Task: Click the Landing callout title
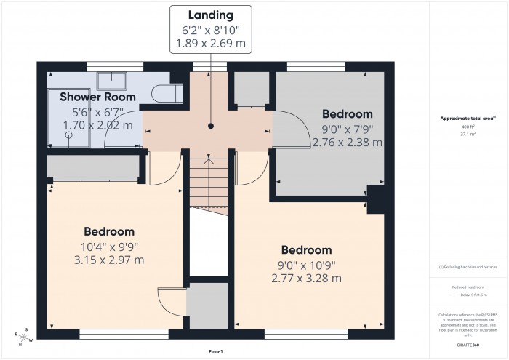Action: coord(210,15)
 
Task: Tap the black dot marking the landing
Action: coord(210,126)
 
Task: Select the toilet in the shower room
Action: coord(167,92)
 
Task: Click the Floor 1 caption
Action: coord(215,351)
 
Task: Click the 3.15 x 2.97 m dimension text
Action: coord(109,260)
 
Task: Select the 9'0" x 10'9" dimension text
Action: coord(306,265)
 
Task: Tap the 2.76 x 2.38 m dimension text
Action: coord(347,143)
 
